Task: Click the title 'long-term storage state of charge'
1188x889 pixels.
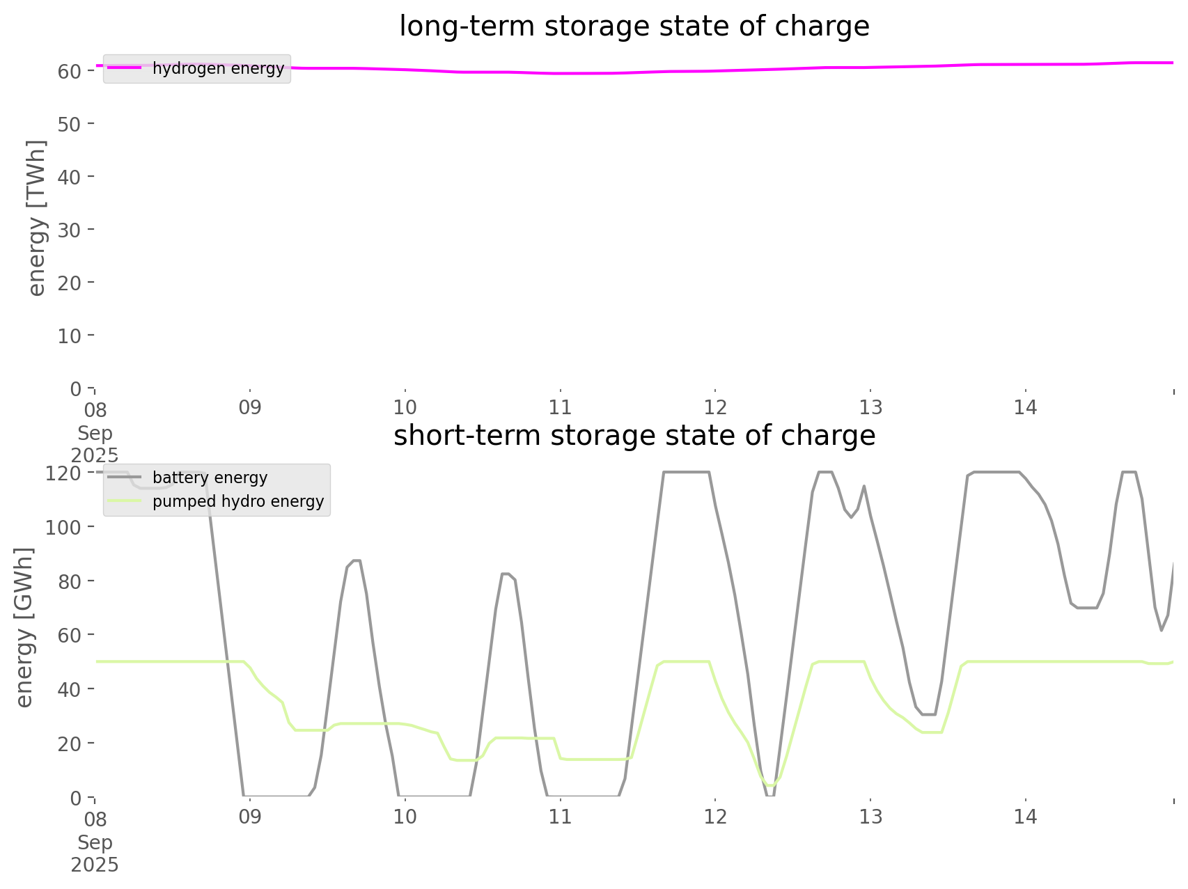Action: [x=634, y=26]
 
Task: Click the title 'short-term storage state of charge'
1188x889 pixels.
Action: [x=634, y=436]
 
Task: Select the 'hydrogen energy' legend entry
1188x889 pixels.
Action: [x=218, y=68]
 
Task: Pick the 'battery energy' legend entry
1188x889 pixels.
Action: [x=210, y=478]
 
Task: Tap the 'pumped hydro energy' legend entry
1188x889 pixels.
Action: [x=238, y=501]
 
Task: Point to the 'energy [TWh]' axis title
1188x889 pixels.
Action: [x=37, y=218]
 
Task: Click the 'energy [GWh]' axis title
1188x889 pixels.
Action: [x=24, y=627]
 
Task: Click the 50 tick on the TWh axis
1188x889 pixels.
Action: [x=70, y=124]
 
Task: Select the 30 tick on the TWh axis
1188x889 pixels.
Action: [x=70, y=230]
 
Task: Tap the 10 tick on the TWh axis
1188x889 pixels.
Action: [x=70, y=336]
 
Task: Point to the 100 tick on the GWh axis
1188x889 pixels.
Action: [x=63, y=527]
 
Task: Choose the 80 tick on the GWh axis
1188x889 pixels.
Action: [x=70, y=581]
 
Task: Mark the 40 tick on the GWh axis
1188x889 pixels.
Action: [x=70, y=689]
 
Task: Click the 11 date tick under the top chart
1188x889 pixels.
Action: [x=560, y=407]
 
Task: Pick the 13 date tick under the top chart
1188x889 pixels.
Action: [x=870, y=407]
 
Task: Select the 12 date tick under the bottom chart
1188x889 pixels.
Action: [x=715, y=817]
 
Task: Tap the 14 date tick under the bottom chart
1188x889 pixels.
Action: [x=1026, y=817]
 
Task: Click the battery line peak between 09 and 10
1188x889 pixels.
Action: [x=357, y=560]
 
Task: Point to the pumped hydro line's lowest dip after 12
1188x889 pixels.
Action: [x=769, y=786]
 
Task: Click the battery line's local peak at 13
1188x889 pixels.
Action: [x=863, y=486]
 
